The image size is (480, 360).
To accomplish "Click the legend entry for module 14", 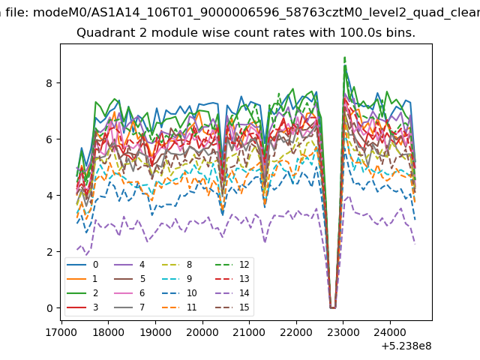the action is click(x=233, y=293).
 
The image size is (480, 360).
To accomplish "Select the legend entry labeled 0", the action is click(x=82, y=265).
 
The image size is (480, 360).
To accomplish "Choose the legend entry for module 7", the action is click(x=129, y=307).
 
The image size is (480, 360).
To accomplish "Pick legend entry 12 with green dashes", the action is click(x=233, y=265).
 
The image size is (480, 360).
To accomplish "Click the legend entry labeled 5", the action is click(x=129, y=279).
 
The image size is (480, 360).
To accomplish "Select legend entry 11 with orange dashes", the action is click(x=178, y=307).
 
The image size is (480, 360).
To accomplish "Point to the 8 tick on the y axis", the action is click(x=49, y=83).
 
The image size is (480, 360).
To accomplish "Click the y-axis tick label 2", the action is click(x=49, y=252).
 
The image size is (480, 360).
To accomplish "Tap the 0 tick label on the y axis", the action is click(x=49, y=308).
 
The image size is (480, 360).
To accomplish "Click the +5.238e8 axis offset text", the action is click(x=406, y=346).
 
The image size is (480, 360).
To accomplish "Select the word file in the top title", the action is click(x=17, y=13).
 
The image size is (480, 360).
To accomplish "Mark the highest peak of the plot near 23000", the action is click(x=345, y=57).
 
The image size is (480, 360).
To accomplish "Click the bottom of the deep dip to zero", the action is click(x=332, y=307).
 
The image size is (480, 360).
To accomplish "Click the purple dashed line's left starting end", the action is click(x=77, y=250).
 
